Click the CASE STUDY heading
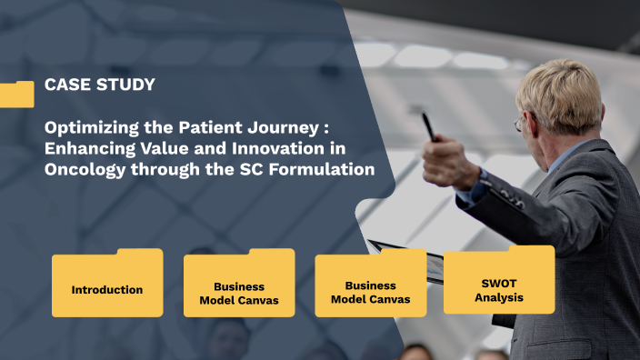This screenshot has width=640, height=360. click(x=99, y=85)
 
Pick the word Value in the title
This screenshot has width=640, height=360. click(x=159, y=147)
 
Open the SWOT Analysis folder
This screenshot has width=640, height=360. click(x=499, y=282)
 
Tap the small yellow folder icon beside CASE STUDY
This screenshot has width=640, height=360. click(x=16, y=94)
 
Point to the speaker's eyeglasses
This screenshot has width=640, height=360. click(x=519, y=123)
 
